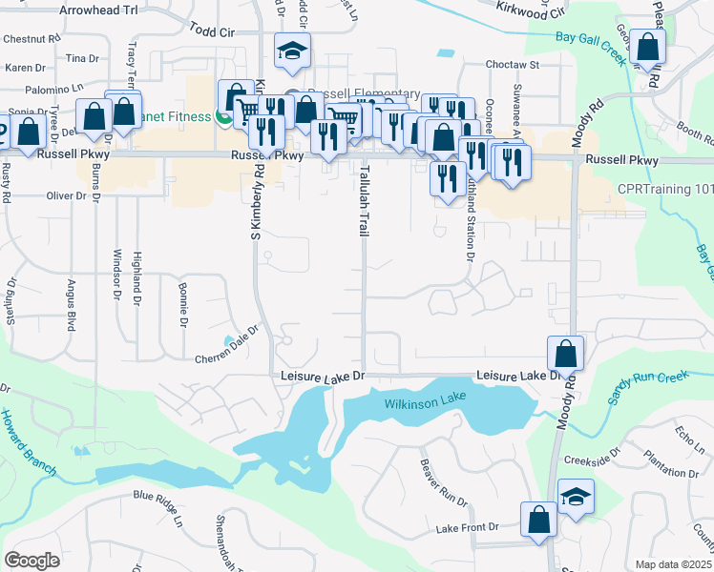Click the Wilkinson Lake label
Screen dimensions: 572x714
tap(425, 404)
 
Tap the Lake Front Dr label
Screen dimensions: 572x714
tap(468, 527)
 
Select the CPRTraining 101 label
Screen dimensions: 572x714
tap(665, 189)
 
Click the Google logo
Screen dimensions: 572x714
tap(32, 560)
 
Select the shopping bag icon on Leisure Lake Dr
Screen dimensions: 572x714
tap(565, 354)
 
